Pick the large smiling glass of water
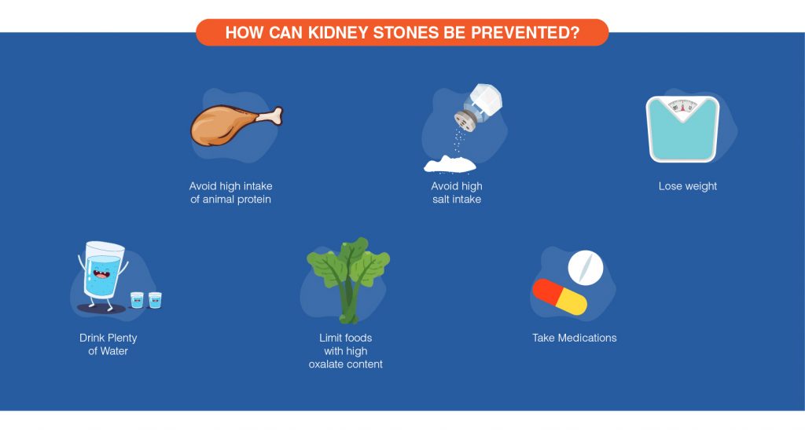(104, 272)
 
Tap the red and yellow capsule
(559, 296)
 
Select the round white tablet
(585, 268)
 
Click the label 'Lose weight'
(688, 186)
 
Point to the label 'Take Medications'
(575, 338)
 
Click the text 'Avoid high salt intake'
(456, 192)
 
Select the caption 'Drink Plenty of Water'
(108, 344)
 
